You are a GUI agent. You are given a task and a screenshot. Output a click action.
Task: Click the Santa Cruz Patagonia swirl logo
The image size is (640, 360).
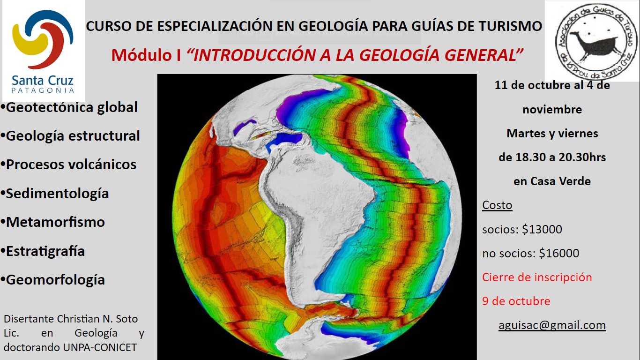coord(43,39)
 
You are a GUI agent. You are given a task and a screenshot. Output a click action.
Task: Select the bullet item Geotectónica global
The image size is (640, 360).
coord(69,108)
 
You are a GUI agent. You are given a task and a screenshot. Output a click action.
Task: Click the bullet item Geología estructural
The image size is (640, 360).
coord(70,136)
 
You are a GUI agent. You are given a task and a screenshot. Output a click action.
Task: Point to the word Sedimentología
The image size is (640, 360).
coord(58,194)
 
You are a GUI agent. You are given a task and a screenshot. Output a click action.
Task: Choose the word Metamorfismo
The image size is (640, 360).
coord(55,222)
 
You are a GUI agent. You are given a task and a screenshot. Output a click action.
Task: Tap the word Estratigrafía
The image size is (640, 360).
coord(45,252)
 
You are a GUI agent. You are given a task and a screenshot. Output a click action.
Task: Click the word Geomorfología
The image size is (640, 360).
coord(55,280)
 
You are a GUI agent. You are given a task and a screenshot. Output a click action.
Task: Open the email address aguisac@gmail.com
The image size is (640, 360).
coord(552,325)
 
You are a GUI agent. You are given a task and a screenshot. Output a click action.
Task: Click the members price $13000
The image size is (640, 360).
coord(542,229)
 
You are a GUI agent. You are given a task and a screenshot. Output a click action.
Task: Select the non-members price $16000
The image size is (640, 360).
coord(559,253)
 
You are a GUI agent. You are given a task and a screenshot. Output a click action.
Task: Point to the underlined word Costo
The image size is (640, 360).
coord(497,205)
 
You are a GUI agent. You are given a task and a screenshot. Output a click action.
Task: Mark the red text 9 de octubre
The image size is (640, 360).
coord(516,301)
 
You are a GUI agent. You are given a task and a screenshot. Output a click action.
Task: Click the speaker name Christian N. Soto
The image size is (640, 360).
coord(97,319)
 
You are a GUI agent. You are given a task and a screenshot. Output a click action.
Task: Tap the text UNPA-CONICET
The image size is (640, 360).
coord(100,347)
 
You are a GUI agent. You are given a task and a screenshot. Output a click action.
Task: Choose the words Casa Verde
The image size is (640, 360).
coord(560,181)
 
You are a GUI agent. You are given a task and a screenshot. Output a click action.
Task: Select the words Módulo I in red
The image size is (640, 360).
coord(146,55)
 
